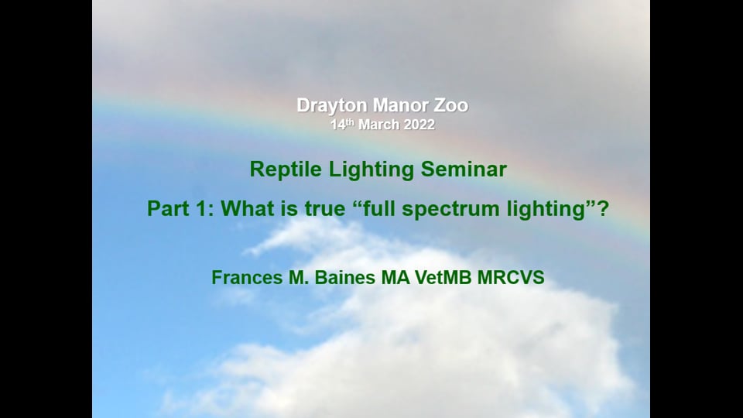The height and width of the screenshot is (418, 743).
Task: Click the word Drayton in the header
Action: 332,106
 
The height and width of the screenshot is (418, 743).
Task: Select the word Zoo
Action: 451,105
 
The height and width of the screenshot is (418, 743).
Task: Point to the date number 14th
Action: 342,124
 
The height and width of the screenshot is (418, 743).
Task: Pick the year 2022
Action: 419,125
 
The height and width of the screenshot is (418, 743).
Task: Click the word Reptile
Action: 286,170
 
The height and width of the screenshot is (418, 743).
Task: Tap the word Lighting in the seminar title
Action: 371,170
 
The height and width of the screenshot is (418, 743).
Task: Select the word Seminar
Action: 464,170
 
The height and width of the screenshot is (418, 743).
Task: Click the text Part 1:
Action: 180,208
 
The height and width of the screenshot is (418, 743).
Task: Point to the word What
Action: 246,208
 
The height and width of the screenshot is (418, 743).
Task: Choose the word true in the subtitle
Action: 324,209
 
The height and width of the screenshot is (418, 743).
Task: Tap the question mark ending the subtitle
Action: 603,208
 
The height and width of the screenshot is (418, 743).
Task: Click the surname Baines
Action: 344,278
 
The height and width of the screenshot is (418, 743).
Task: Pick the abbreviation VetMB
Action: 443,278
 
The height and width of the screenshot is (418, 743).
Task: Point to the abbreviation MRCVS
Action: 511,278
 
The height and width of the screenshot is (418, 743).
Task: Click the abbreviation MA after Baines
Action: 395,278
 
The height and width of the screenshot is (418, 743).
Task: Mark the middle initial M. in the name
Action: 299,278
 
